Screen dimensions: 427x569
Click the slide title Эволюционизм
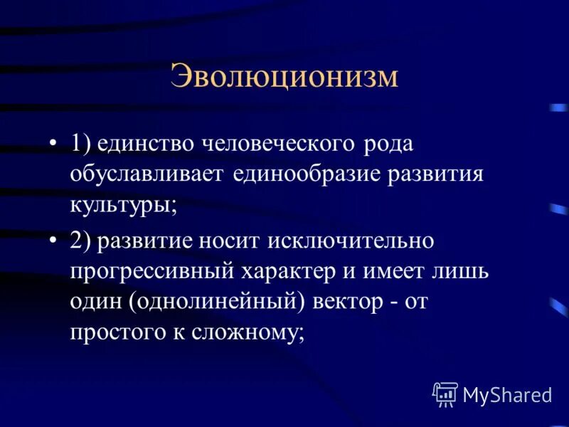(284, 77)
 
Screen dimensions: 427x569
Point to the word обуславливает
(147, 175)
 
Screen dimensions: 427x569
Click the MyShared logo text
(507, 393)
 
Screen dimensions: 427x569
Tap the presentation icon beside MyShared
(445, 393)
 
